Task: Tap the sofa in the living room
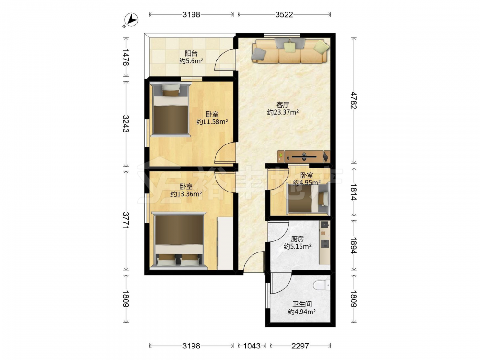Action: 290,51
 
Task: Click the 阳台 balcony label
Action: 191,53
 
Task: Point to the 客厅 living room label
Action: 283,105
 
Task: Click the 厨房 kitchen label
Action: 297,239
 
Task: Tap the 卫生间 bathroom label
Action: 302,304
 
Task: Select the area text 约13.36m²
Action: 186,194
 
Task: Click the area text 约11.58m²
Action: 212,122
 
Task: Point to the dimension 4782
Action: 354,100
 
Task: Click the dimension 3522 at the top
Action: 284,14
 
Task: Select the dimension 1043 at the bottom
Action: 252,346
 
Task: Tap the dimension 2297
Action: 300,346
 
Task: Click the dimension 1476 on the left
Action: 125,57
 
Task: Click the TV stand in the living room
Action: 304,156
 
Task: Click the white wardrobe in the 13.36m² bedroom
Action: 225,243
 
